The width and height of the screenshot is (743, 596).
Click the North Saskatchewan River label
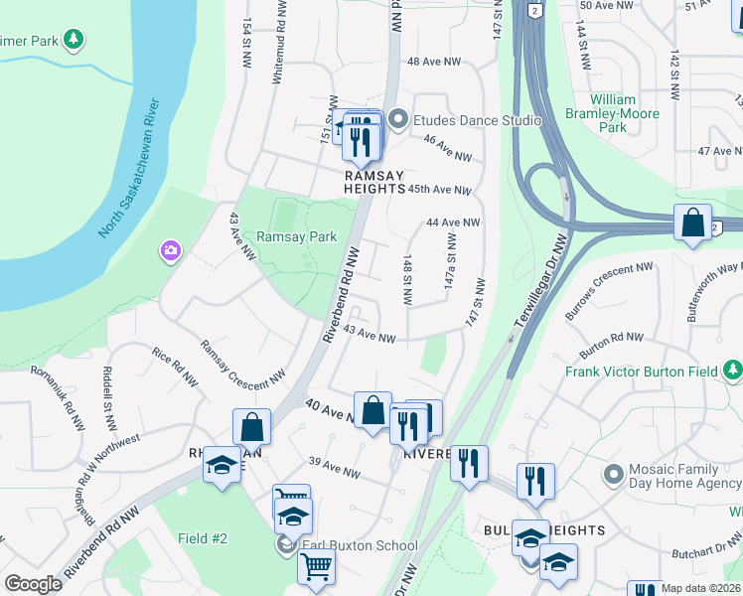pos(130,169)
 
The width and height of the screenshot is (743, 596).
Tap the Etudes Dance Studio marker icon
pos(398,120)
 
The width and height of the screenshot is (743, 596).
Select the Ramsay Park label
pos(296,236)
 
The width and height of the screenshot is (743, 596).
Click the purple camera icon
pos(171,250)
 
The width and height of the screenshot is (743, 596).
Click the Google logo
pos(34,584)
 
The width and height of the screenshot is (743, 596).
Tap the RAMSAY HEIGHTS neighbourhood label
pos(374,181)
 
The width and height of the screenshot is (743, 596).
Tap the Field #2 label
pos(203,538)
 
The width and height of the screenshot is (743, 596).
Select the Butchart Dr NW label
pos(703,536)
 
